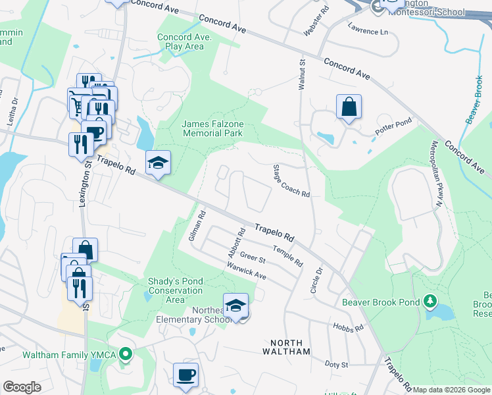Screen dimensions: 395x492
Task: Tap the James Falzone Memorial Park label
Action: pyautogui.click(x=212, y=128)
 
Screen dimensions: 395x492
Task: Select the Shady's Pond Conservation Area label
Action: pyautogui.click(x=175, y=290)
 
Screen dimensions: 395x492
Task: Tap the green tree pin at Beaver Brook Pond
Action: pyautogui.click(x=430, y=302)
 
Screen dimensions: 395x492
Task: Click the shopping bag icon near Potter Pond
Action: pyautogui.click(x=349, y=107)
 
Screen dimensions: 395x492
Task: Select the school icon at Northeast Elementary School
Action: pyautogui.click(x=235, y=306)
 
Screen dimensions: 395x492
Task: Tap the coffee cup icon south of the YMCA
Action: pyautogui.click(x=185, y=375)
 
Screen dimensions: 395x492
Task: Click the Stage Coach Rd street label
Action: pyautogui.click(x=291, y=181)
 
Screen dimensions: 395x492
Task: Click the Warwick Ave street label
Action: pyautogui.click(x=246, y=271)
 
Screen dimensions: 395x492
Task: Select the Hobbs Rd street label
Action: pyautogui.click(x=347, y=327)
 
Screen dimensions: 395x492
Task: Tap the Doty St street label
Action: pyautogui.click(x=336, y=363)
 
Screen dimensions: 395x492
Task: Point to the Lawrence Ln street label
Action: pyautogui.click(x=367, y=30)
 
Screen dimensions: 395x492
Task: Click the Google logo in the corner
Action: pyautogui.click(x=22, y=387)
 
